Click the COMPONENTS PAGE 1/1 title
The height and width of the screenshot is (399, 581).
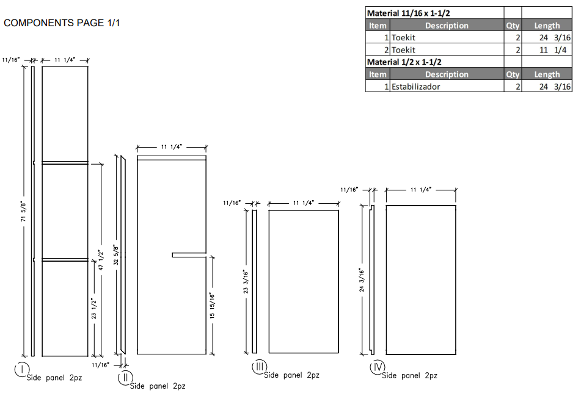[62, 23]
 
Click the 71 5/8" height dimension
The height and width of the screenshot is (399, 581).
[24, 210]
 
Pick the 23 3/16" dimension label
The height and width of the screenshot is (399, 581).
[246, 281]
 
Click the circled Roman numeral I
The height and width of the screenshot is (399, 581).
[21, 370]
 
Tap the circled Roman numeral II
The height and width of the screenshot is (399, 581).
[125, 378]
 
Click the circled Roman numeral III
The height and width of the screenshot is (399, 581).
[259, 367]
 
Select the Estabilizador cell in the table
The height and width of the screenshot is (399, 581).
[416, 87]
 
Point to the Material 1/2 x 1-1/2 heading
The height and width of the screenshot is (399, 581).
[404, 62]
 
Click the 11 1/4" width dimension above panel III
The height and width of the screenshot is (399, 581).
[304, 203]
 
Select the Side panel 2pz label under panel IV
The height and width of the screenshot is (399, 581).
[410, 376]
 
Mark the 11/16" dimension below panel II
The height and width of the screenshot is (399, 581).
[100, 365]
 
